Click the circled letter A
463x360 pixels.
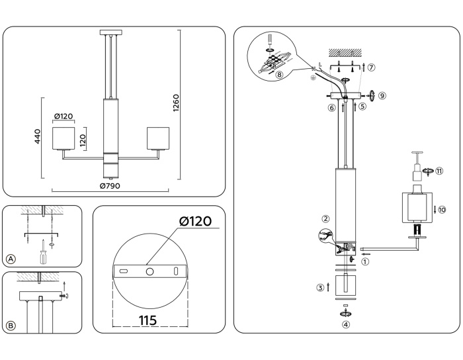coord(11,258)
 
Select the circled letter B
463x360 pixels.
coord(11,326)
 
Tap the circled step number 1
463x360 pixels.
coord(365,261)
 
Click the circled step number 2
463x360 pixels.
coord(325,219)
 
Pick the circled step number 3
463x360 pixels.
coord(319,288)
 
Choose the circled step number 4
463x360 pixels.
coord(345,324)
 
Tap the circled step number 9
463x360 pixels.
coord(382,95)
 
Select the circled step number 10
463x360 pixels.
coord(442,210)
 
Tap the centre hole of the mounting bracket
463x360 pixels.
coord(149,271)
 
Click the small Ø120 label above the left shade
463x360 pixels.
coord(63,116)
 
